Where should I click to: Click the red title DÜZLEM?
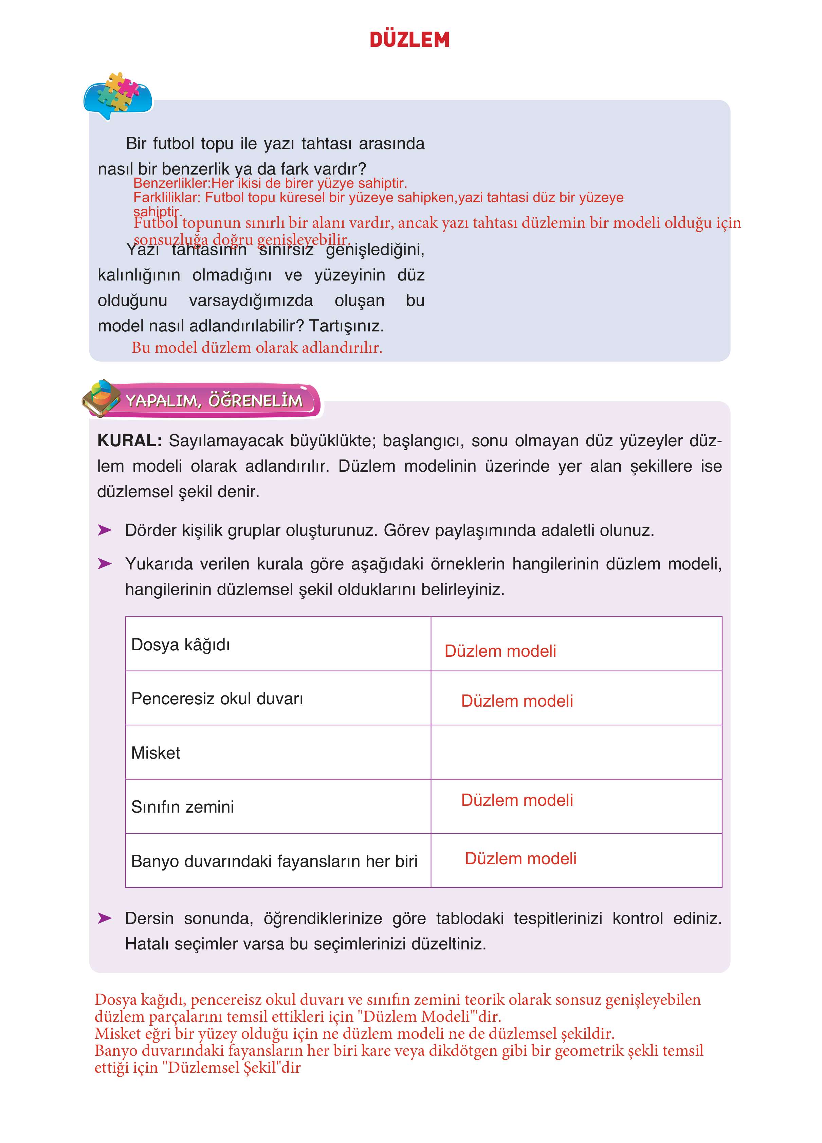(x=409, y=40)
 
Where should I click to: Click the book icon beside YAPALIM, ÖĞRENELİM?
(x=101, y=398)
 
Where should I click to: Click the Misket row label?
(x=156, y=753)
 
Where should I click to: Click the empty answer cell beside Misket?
(x=576, y=752)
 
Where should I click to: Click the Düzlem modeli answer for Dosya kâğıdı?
(x=500, y=651)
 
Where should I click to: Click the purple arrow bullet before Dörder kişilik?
(x=104, y=530)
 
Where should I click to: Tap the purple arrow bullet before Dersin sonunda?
(x=104, y=918)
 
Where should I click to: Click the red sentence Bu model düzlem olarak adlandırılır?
(x=257, y=348)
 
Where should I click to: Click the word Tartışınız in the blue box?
(x=346, y=326)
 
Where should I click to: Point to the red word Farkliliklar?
(x=166, y=198)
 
